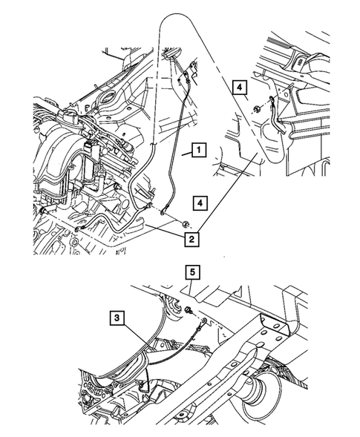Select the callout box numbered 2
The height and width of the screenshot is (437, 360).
[192, 238]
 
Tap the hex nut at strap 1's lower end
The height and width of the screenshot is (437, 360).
[182, 223]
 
